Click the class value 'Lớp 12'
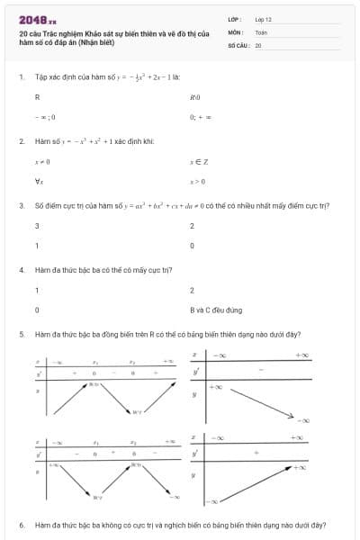[263, 18]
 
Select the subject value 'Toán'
[261, 31]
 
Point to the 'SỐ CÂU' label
[238, 44]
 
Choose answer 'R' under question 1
[37, 96]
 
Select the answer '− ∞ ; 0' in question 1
[46, 116]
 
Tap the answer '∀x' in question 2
[38, 181]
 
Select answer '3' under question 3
[37, 225]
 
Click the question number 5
[21, 334]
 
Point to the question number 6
[21, 525]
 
